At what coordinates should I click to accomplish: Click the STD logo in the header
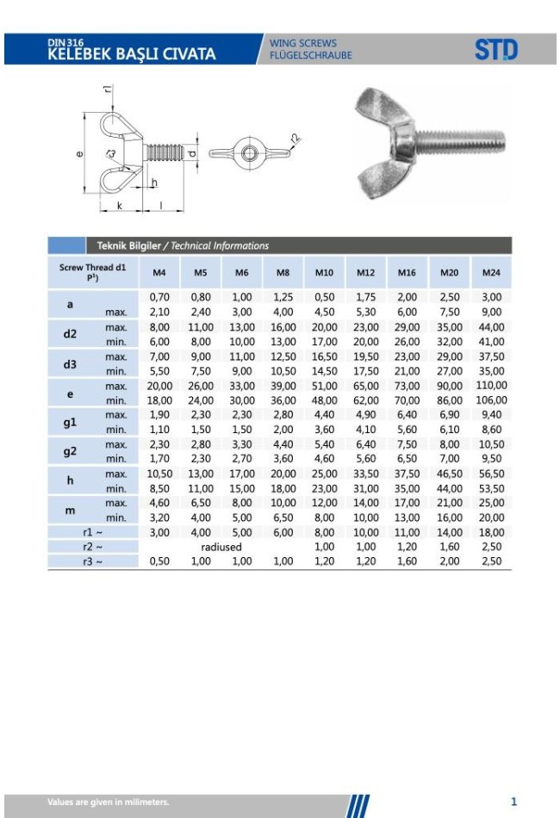tap(495, 50)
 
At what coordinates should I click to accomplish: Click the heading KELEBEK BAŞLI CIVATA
tap(131, 54)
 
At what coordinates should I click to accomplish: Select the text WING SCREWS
tap(302, 43)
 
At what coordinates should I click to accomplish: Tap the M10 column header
tap(324, 272)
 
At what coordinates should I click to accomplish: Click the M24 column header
tap(491, 272)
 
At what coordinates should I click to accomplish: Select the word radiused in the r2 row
tap(221, 547)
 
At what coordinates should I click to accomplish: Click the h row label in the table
tap(70, 480)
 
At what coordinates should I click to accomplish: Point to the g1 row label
tap(70, 422)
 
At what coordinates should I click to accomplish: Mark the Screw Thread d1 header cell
tap(92, 272)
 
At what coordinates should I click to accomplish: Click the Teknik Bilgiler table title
tap(129, 245)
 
